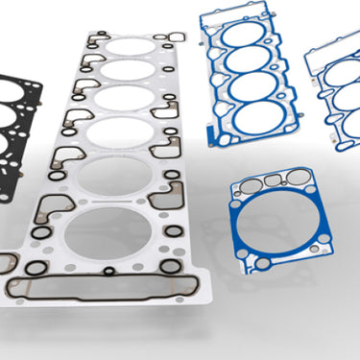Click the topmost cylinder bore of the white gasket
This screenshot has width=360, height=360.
tap(130, 46)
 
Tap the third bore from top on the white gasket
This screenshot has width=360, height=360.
tap(125, 99)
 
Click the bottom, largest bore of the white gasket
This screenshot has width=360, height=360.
tap(104, 231)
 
